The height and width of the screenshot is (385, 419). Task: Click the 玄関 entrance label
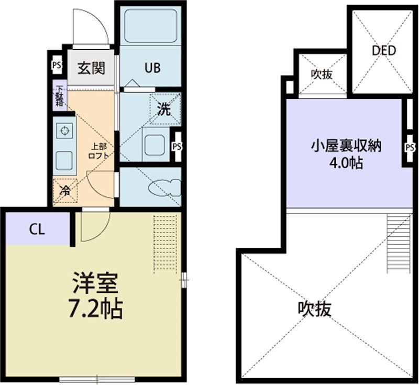coord(92,68)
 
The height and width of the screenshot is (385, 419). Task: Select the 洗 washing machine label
coord(164,109)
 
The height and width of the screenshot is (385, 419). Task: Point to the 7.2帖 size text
coord(95,310)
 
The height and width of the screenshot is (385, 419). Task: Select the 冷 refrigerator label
coord(65,191)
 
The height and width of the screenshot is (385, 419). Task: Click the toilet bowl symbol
coord(164,187)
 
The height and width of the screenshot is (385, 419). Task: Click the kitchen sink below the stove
coord(64,159)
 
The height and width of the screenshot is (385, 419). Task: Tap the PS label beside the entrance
coord(56,66)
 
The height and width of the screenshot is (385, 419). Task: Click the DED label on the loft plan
coord(383,51)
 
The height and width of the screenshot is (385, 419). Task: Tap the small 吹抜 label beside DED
coord(321,74)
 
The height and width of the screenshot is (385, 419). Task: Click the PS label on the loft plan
coord(410,148)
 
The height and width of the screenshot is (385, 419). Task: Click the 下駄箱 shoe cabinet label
coord(60,97)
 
